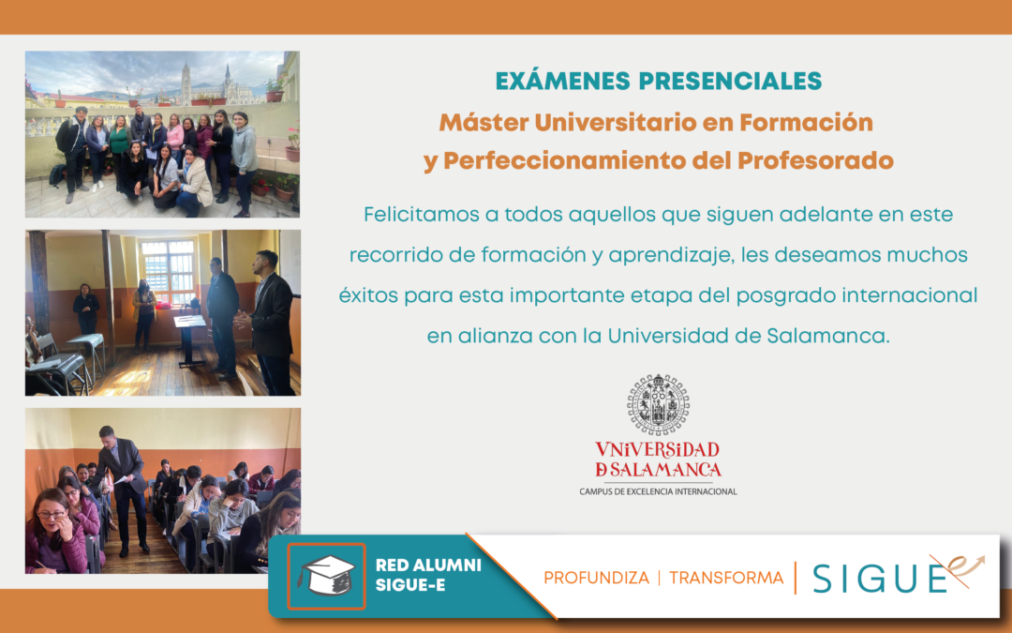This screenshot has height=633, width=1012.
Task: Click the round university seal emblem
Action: (x=658, y=404)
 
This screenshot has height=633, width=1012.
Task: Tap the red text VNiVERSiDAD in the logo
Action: (x=658, y=449)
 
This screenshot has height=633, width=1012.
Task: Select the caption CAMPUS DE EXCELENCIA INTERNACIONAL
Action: (x=658, y=491)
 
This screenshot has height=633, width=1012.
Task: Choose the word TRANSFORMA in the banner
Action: (x=726, y=578)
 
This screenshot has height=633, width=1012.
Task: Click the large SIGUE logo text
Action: (x=881, y=579)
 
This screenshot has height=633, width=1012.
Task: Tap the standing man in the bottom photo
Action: (x=125, y=483)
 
